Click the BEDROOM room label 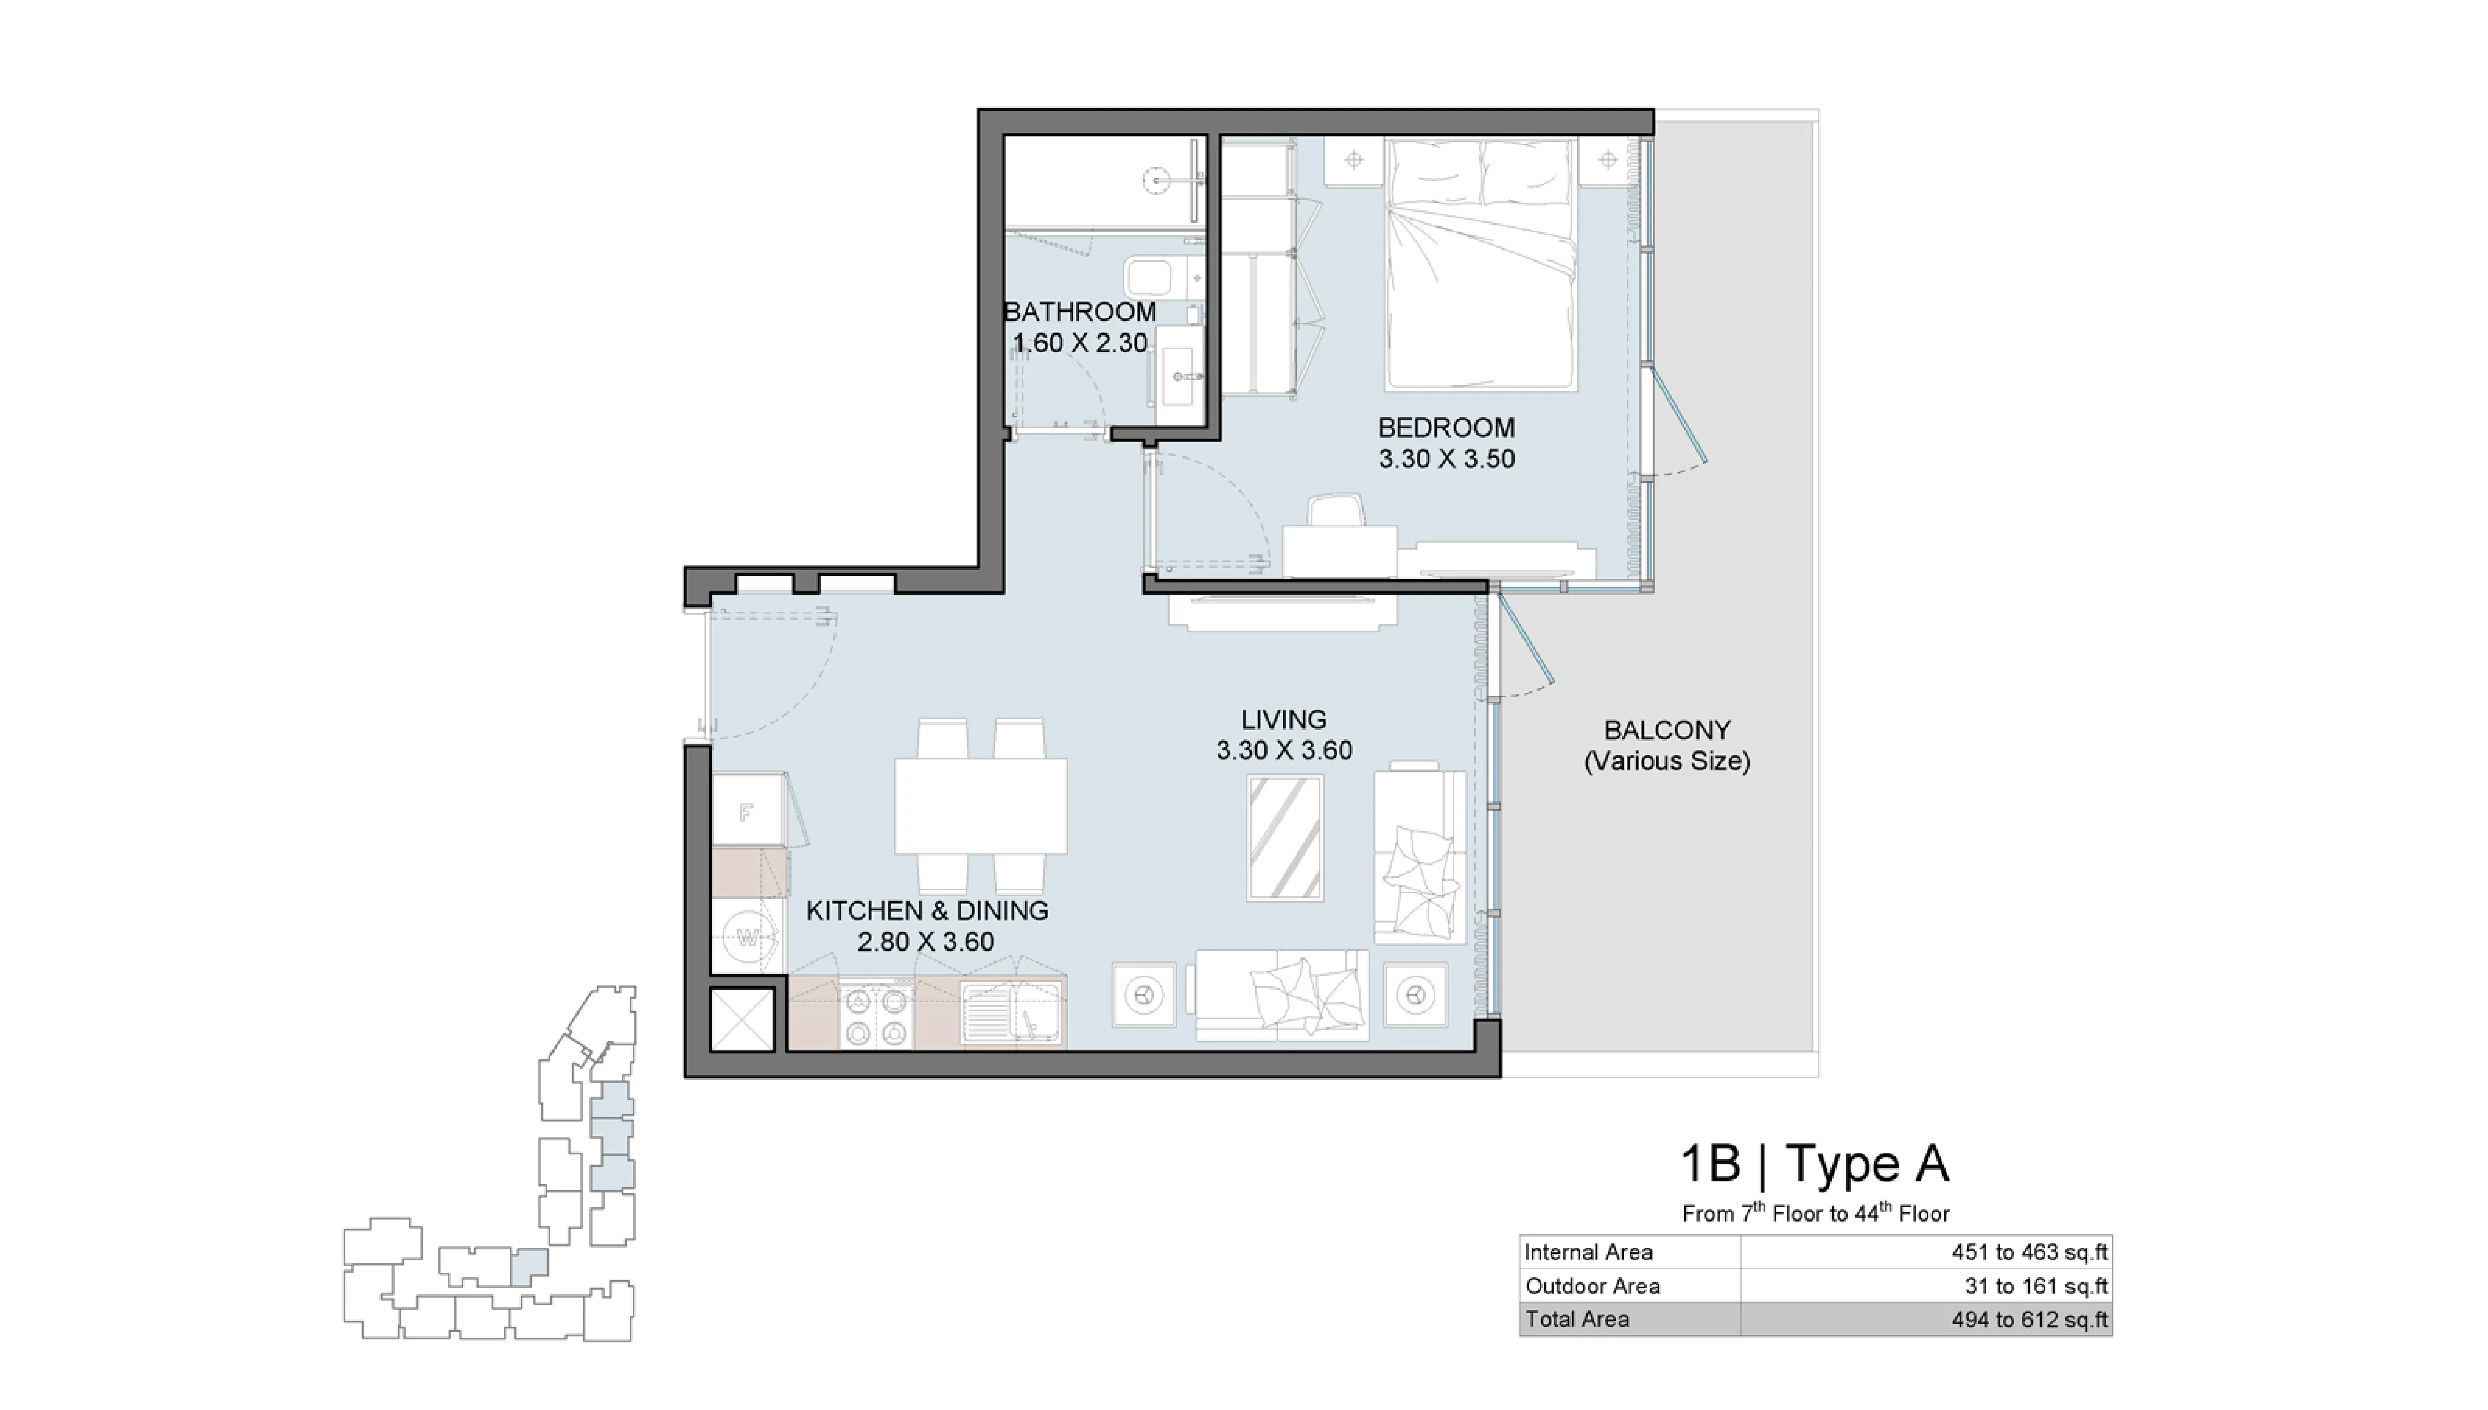[1446, 427]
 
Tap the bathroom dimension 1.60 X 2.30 [1080, 343]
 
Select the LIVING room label [1283, 720]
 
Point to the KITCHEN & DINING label [927, 910]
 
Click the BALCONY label [1666, 730]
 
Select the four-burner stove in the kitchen [876, 1017]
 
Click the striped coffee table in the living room [1284, 838]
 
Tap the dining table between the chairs [980, 806]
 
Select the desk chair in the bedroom [1336, 510]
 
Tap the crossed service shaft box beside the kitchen [742, 1019]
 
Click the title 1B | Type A [1814, 1163]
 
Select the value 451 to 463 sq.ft [2029, 1252]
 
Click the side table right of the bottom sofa [1415, 995]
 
